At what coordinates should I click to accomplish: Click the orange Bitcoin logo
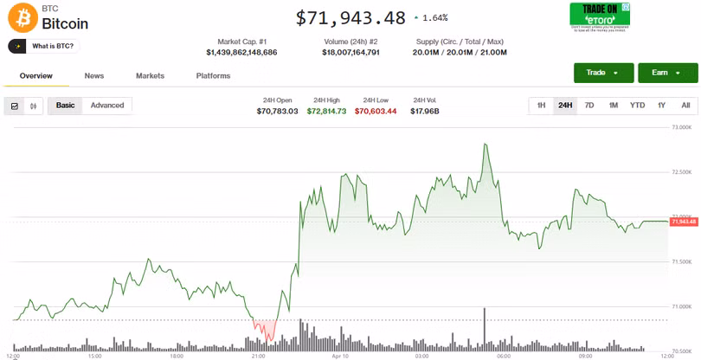coord(21,16)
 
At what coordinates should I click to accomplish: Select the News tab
coord(94,76)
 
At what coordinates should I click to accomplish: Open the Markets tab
coord(150,76)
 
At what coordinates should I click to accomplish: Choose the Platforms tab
coord(213,76)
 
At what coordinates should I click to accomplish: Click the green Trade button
coord(602,73)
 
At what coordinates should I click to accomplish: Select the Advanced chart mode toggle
coord(107,106)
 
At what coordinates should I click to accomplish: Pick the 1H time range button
coord(541,106)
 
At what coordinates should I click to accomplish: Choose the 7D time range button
coord(589,106)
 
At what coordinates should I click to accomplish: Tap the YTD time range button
coord(637,106)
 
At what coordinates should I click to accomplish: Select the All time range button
coord(685,106)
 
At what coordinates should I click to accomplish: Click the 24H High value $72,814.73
coord(326,111)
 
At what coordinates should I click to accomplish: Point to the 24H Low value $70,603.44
coord(376,111)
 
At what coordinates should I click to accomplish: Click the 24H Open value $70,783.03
coord(277,111)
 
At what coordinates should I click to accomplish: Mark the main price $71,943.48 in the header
coord(350,17)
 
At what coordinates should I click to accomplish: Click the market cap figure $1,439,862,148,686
coord(241,53)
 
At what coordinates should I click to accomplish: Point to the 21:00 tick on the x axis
coord(258,356)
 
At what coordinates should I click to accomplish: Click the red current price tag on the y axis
coord(684,222)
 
